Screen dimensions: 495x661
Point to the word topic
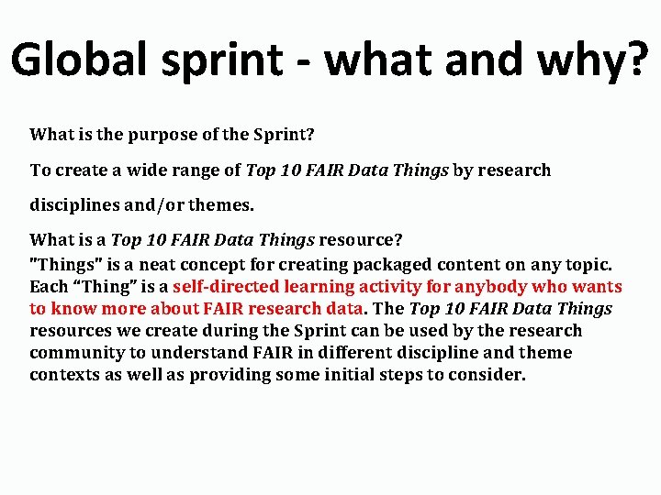click(x=585, y=265)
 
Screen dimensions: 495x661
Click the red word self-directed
click(x=221, y=287)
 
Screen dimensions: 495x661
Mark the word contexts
click(x=63, y=375)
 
